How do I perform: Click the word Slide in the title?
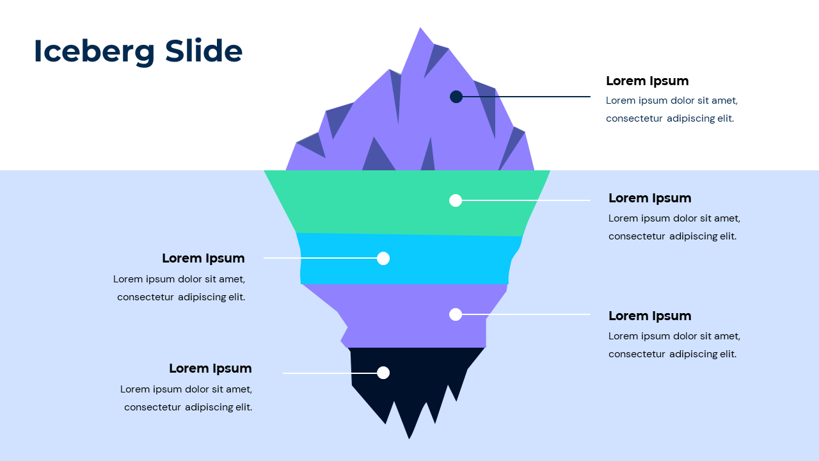click(x=203, y=51)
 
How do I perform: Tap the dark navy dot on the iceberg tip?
click(x=456, y=97)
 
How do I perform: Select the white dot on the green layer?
click(x=456, y=200)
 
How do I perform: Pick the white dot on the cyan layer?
click(x=383, y=258)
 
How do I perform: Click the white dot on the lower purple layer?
click(x=456, y=314)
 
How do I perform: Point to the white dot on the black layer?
click(x=383, y=373)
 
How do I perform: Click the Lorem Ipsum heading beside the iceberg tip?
click(x=647, y=81)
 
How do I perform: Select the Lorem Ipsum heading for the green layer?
click(x=649, y=198)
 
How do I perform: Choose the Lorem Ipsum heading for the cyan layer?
click(x=203, y=258)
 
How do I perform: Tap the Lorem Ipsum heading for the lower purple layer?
click(x=649, y=316)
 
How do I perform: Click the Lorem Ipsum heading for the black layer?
click(x=210, y=368)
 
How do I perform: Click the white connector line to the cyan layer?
click(x=320, y=258)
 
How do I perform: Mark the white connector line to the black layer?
click(x=330, y=373)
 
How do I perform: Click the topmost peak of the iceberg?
click(x=420, y=29)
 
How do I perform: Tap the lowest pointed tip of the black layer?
click(x=409, y=438)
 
